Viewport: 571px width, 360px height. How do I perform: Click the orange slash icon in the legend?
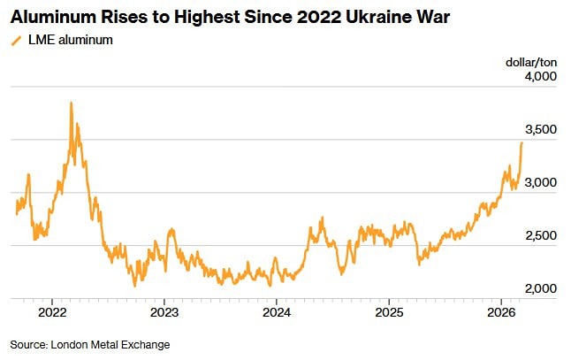(15, 41)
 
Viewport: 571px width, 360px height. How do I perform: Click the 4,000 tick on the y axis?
(539, 77)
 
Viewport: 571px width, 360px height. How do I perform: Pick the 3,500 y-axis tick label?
(539, 130)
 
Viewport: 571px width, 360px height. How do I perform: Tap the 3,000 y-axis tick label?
(539, 183)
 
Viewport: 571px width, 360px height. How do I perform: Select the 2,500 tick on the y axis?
(539, 236)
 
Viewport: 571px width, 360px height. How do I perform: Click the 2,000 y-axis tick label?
(539, 289)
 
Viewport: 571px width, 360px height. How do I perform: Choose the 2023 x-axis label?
(164, 312)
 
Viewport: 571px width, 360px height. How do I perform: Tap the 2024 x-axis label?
(277, 312)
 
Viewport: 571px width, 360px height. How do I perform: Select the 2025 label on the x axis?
(390, 312)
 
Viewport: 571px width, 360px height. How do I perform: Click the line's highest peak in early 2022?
(71, 103)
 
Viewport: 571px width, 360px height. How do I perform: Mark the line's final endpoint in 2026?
(522, 142)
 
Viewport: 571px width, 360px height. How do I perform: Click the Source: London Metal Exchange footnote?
(89, 344)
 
